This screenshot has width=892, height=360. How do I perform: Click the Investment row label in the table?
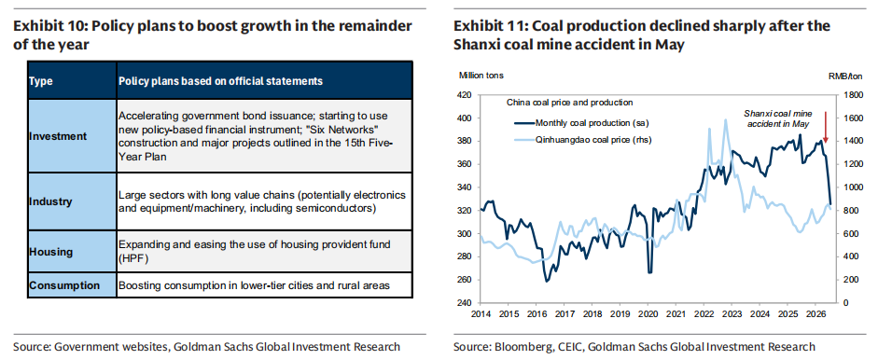click(x=58, y=136)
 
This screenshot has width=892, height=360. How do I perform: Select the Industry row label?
click(x=50, y=201)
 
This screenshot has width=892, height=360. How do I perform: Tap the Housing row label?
click(x=50, y=252)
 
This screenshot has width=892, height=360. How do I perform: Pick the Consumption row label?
click(x=64, y=285)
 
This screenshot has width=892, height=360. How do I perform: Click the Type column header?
click(x=40, y=81)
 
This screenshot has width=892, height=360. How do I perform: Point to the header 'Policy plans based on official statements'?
click(x=221, y=81)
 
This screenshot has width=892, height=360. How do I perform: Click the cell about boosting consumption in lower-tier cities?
click(x=254, y=285)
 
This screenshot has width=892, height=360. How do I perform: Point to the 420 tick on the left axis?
click(x=466, y=95)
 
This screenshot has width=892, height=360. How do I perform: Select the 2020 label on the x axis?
click(x=648, y=314)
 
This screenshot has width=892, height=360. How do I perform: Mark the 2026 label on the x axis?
click(x=815, y=314)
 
